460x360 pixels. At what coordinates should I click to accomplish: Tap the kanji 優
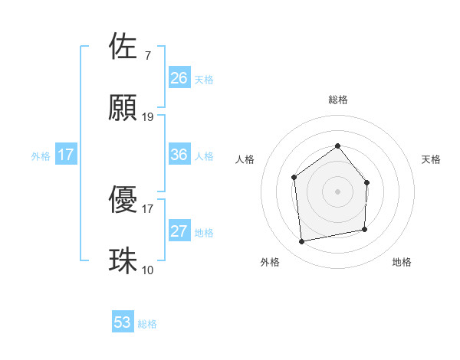tap(123, 200)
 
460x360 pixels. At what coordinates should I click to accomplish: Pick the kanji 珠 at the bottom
tap(123, 261)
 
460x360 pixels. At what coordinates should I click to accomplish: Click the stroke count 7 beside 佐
tap(147, 55)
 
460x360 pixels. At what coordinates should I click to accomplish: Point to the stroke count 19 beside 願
tap(148, 117)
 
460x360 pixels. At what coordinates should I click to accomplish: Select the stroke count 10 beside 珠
tap(148, 270)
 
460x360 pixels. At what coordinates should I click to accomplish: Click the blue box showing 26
tap(179, 77)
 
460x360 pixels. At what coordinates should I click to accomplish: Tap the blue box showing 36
tap(179, 155)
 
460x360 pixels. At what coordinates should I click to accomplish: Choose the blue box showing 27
tap(179, 231)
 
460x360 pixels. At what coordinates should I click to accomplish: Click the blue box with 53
tap(123, 322)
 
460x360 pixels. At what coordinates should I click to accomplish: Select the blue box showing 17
tap(66, 155)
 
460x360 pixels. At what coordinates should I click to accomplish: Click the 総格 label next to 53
tap(147, 324)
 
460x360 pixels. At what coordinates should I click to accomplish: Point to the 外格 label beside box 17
tap(41, 155)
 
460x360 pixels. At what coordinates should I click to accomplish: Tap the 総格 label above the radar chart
tap(337, 100)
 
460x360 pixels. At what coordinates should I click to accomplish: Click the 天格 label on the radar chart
tap(431, 159)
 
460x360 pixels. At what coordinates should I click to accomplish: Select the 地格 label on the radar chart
tap(402, 262)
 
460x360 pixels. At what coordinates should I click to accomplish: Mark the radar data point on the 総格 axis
tap(337, 146)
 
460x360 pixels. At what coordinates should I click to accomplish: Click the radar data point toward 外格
tap(302, 242)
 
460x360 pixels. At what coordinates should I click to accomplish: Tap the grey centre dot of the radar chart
tap(337, 191)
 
